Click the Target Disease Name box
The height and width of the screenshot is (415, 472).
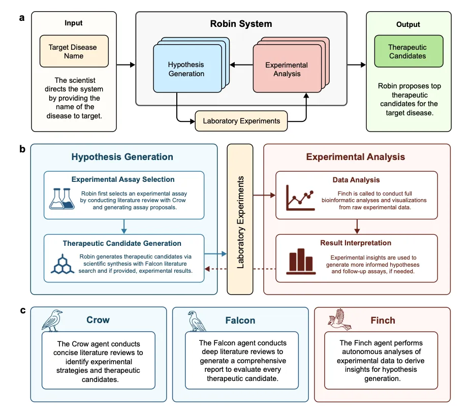click(73, 51)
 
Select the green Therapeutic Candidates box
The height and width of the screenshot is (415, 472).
click(407, 51)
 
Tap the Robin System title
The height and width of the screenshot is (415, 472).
click(241, 24)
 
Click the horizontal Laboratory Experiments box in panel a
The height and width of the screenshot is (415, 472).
click(241, 121)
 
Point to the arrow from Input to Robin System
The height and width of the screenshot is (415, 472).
click(125, 65)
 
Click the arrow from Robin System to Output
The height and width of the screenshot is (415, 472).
click(356, 65)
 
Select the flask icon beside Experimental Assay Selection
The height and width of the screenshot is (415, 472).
click(64, 198)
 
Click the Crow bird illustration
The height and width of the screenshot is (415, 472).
click(52, 321)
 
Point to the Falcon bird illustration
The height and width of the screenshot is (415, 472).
click(195, 321)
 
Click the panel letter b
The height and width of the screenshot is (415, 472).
click(22, 149)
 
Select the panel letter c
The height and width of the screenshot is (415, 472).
click(22, 310)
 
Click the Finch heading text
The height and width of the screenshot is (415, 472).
click(383, 321)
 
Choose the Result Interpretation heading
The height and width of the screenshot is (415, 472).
click(356, 243)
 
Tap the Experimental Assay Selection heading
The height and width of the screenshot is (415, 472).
click(123, 179)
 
